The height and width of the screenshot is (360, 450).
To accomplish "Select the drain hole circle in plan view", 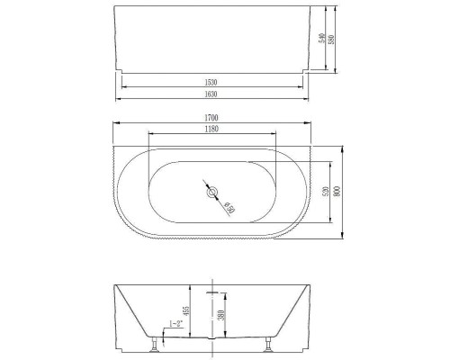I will tap(213, 193).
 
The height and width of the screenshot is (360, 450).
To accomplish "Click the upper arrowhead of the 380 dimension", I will tap(213, 293).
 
